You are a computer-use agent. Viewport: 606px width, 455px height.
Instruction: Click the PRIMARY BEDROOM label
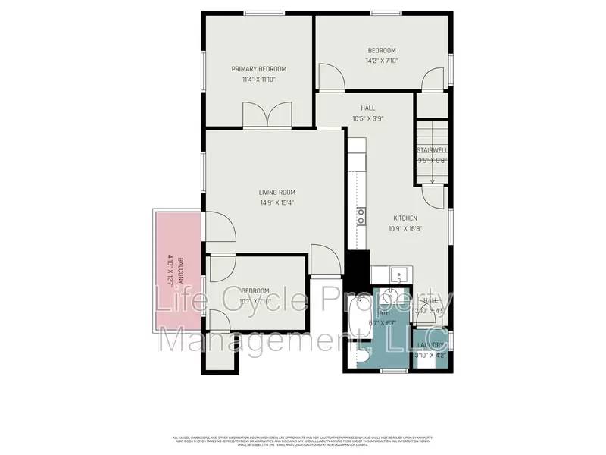tap(258, 68)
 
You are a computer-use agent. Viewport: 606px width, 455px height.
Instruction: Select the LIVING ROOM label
tap(276, 192)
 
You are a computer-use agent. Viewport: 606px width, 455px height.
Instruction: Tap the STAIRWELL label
tap(433, 150)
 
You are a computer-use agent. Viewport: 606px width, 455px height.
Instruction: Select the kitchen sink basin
tap(398, 275)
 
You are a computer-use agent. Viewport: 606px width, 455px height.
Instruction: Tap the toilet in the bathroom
tap(362, 354)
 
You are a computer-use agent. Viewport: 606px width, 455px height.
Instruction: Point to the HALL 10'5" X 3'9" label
tap(368, 112)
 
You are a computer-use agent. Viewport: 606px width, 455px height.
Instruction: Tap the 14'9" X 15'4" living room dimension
tap(276, 202)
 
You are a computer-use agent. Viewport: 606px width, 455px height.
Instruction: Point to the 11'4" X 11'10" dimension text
tap(258, 79)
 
